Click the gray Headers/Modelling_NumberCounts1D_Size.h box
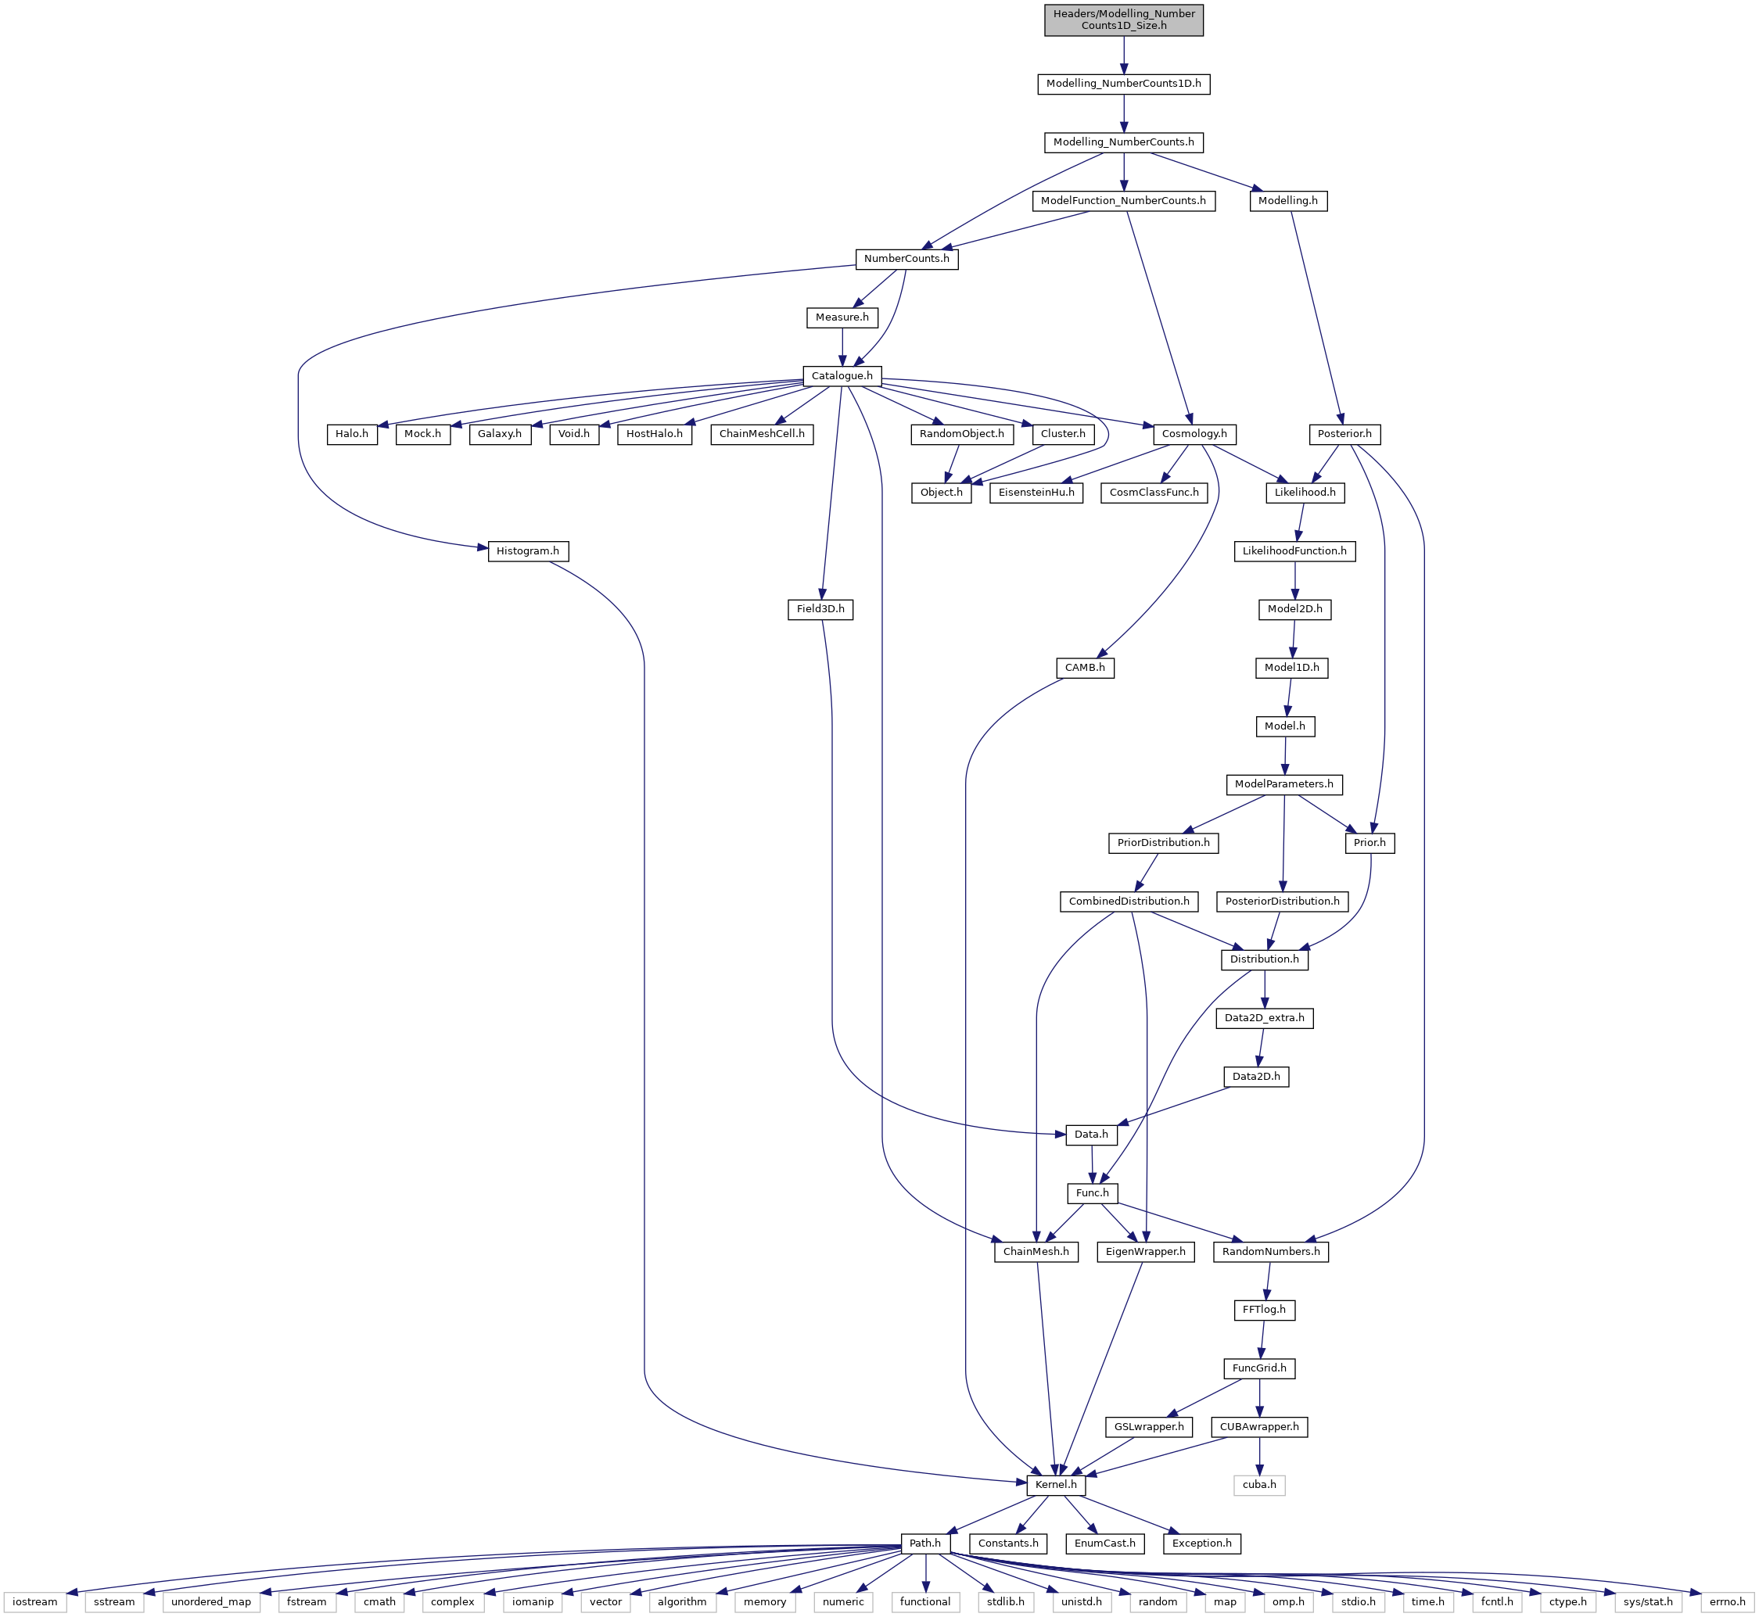tap(1124, 20)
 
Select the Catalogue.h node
tap(842, 376)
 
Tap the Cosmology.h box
tap(1194, 434)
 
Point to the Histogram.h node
tap(528, 551)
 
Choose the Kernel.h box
tap(1055, 1485)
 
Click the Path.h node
tap(925, 1543)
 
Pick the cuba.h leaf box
tap(1259, 1485)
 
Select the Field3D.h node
tap(820, 609)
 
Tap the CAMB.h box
tap(1084, 668)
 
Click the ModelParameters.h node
tap(1283, 784)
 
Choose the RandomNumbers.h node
tap(1271, 1251)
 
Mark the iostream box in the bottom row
tap(35, 1602)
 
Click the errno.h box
tap(1727, 1602)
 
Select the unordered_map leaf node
tap(211, 1602)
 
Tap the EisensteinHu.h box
tap(1036, 493)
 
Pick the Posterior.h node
tap(1345, 434)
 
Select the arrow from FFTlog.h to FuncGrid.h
tap(1262, 1339)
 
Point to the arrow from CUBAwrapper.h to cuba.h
tap(1259, 1455)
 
